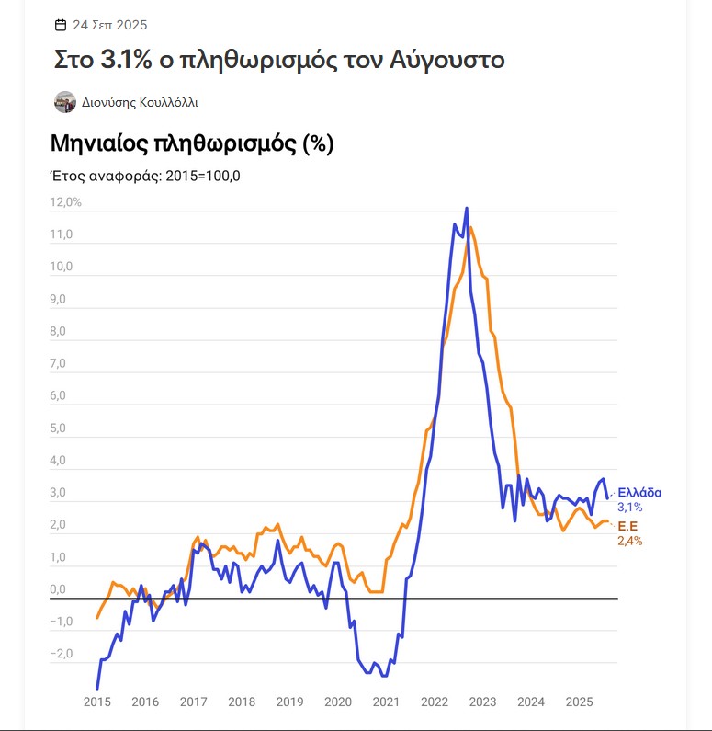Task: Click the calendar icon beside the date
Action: [62, 25]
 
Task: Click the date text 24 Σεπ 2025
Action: [110, 25]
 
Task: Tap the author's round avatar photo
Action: [65, 102]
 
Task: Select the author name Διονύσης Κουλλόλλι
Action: [141, 103]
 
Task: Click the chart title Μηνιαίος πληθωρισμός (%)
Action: [192, 143]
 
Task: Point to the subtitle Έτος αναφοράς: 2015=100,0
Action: [144, 177]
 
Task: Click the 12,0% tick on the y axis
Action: [65, 202]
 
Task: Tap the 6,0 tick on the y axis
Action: [57, 396]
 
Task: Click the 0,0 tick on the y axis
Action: [57, 590]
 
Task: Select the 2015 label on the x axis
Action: [96, 702]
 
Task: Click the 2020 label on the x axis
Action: [338, 702]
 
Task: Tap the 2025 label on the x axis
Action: [579, 702]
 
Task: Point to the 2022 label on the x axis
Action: [435, 702]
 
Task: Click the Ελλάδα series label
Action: [639, 493]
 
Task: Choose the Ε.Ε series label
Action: [627, 526]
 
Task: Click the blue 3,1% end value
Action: [630, 508]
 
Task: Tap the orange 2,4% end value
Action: [630, 541]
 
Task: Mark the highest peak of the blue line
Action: [467, 209]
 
